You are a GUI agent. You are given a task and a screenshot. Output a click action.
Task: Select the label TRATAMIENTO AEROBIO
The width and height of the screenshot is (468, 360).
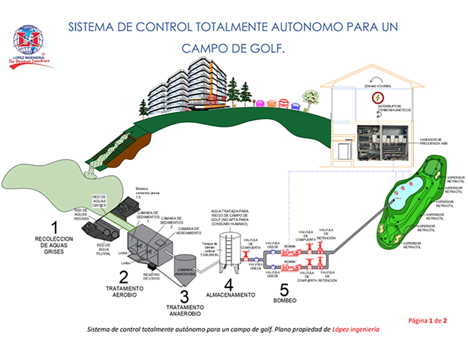[x=124, y=291]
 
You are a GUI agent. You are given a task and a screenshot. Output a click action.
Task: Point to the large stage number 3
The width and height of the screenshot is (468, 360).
[x=185, y=297]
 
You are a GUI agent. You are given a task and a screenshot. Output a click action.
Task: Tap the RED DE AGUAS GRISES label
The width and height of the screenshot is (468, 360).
[x=100, y=200]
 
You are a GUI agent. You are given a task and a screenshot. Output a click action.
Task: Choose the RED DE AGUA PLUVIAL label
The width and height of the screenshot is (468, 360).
[x=103, y=250]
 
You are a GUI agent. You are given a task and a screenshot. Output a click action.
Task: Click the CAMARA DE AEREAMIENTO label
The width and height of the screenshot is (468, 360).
[x=188, y=230]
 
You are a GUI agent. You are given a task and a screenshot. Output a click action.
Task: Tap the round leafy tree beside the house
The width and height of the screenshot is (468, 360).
[x=310, y=97]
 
